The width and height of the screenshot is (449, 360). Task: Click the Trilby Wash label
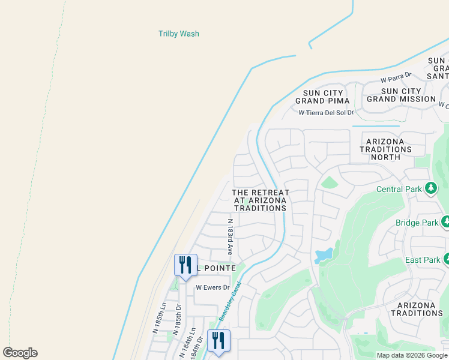tap(178, 34)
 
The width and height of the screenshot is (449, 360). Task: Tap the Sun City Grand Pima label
tap(323, 97)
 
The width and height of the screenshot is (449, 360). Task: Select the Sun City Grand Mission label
tap(401, 95)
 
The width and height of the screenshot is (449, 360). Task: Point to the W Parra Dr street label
tap(395, 79)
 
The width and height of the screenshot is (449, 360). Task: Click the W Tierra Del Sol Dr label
tap(326, 112)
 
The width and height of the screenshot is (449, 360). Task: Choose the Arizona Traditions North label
tap(386, 149)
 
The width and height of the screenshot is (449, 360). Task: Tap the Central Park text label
tap(399, 189)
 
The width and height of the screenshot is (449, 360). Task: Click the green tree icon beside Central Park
tap(430, 189)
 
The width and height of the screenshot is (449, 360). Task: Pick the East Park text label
tap(422, 260)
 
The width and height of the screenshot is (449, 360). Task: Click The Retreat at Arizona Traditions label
tap(261, 200)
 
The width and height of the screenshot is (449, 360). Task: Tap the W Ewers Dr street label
tap(213, 287)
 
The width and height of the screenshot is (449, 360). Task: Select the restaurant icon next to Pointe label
tap(185, 265)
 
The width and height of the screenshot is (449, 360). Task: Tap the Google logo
tap(20, 353)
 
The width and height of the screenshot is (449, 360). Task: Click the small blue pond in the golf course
tap(324, 254)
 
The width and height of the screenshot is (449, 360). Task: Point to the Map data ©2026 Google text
tap(411, 355)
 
